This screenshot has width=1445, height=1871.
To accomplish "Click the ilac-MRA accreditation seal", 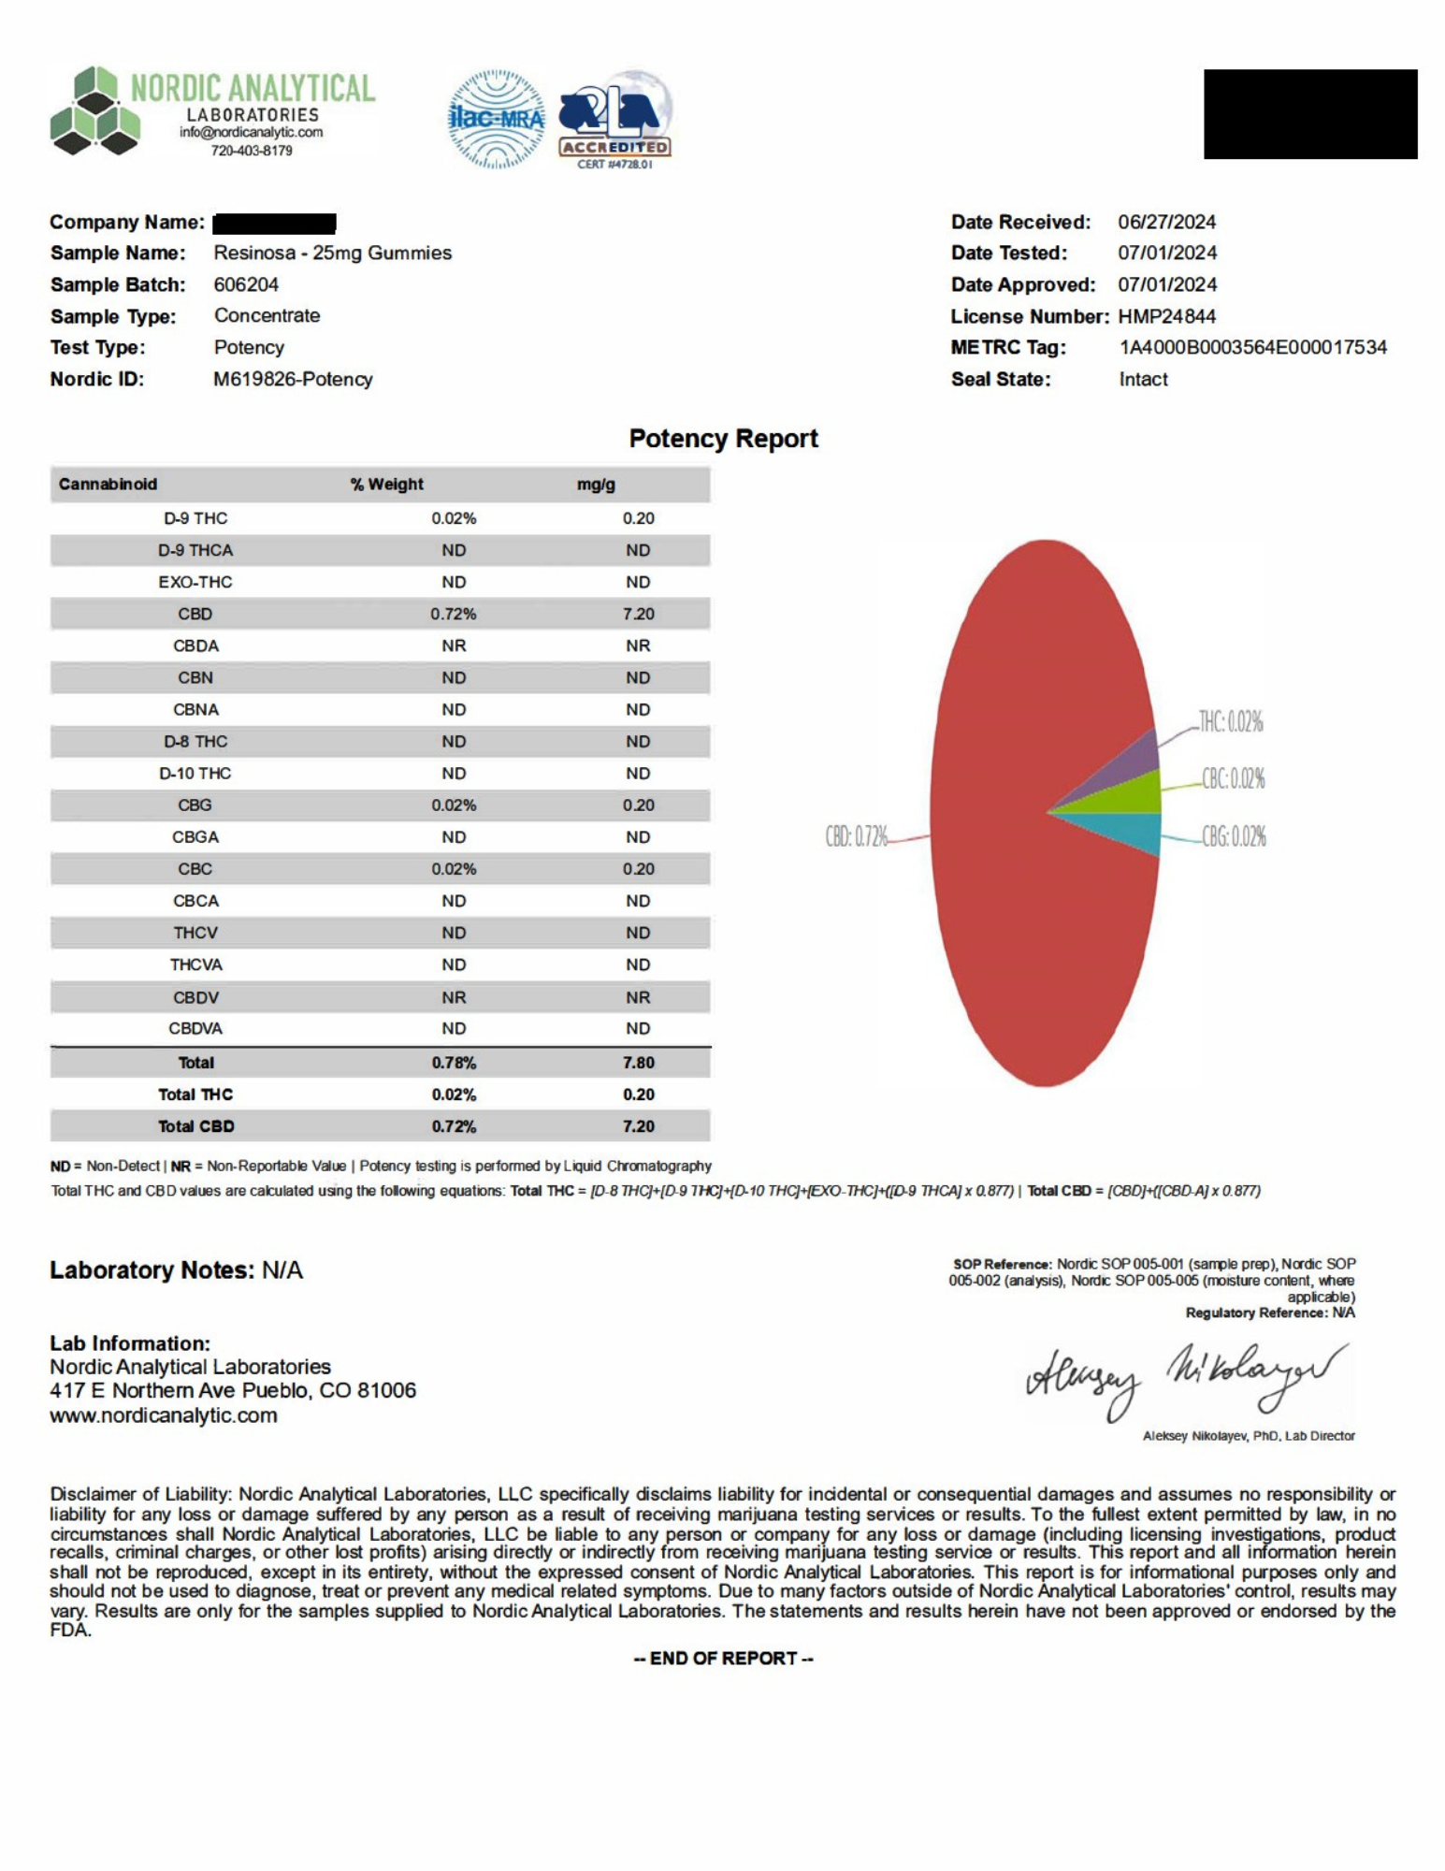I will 497,119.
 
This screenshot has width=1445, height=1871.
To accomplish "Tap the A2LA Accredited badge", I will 614,119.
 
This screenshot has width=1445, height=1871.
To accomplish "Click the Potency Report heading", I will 723,439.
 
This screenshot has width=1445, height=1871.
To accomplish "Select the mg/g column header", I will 596,485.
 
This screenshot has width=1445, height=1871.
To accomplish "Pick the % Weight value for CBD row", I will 454,615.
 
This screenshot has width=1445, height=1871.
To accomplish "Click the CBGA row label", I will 195,837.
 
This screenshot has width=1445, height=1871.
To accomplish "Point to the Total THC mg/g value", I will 638,1095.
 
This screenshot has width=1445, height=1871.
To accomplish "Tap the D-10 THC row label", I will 195,774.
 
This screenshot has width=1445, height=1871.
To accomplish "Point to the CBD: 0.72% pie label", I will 856,836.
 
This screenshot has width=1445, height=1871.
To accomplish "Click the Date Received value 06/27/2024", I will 1166,223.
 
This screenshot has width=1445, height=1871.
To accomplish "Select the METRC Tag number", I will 1252,348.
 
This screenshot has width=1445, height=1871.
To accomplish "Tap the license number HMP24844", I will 1166,316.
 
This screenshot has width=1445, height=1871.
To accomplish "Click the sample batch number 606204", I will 246,284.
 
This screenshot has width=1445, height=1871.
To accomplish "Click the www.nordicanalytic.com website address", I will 164,1415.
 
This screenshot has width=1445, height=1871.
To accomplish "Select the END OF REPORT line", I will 723,1659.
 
